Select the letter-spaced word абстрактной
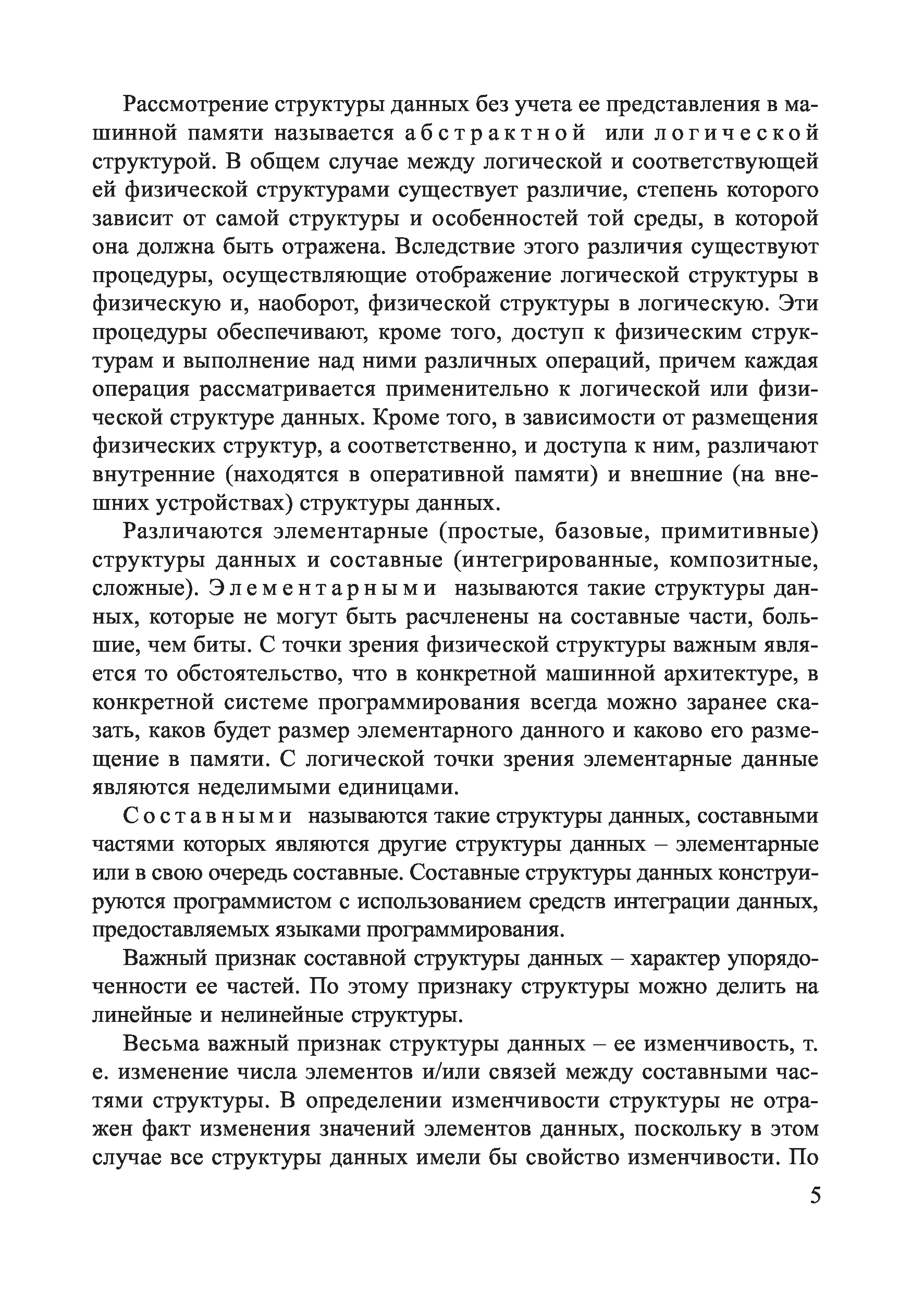tap(495, 133)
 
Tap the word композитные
tap(744, 560)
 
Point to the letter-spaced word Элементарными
tap(323, 589)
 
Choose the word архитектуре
tap(730, 674)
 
